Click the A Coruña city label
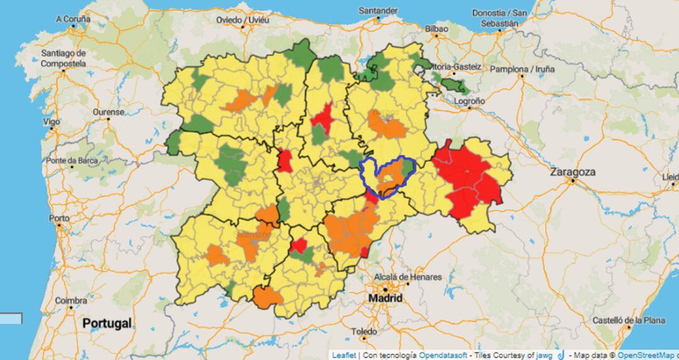pyautogui.click(x=74, y=19)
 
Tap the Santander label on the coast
pyautogui.click(x=378, y=11)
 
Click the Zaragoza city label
pyautogui.click(x=572, y=172)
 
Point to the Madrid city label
pyautogui.click(x=385, y=298)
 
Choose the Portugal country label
pyautogui.click(x=106, y=324)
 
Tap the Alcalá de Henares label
pyautogui.click(x=408, y=277)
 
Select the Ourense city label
pyautogui.click(x=108, y=112)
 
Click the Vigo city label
pyautogui.click(x=52, y=121)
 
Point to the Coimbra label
pyautogui.click(x=71, y=301)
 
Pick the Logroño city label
pyautogui.click(x=470, y=101)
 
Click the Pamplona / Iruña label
pyautogui.click(x=522, y=69)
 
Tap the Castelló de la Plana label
pyautogui.click(x=629, y=320)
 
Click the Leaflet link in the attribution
pyautogui.click(x=344, y=355)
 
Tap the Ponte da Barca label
pyautogui.click(x=72, y=161)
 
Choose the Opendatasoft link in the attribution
pyautogui.click(x=443, y=355)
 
